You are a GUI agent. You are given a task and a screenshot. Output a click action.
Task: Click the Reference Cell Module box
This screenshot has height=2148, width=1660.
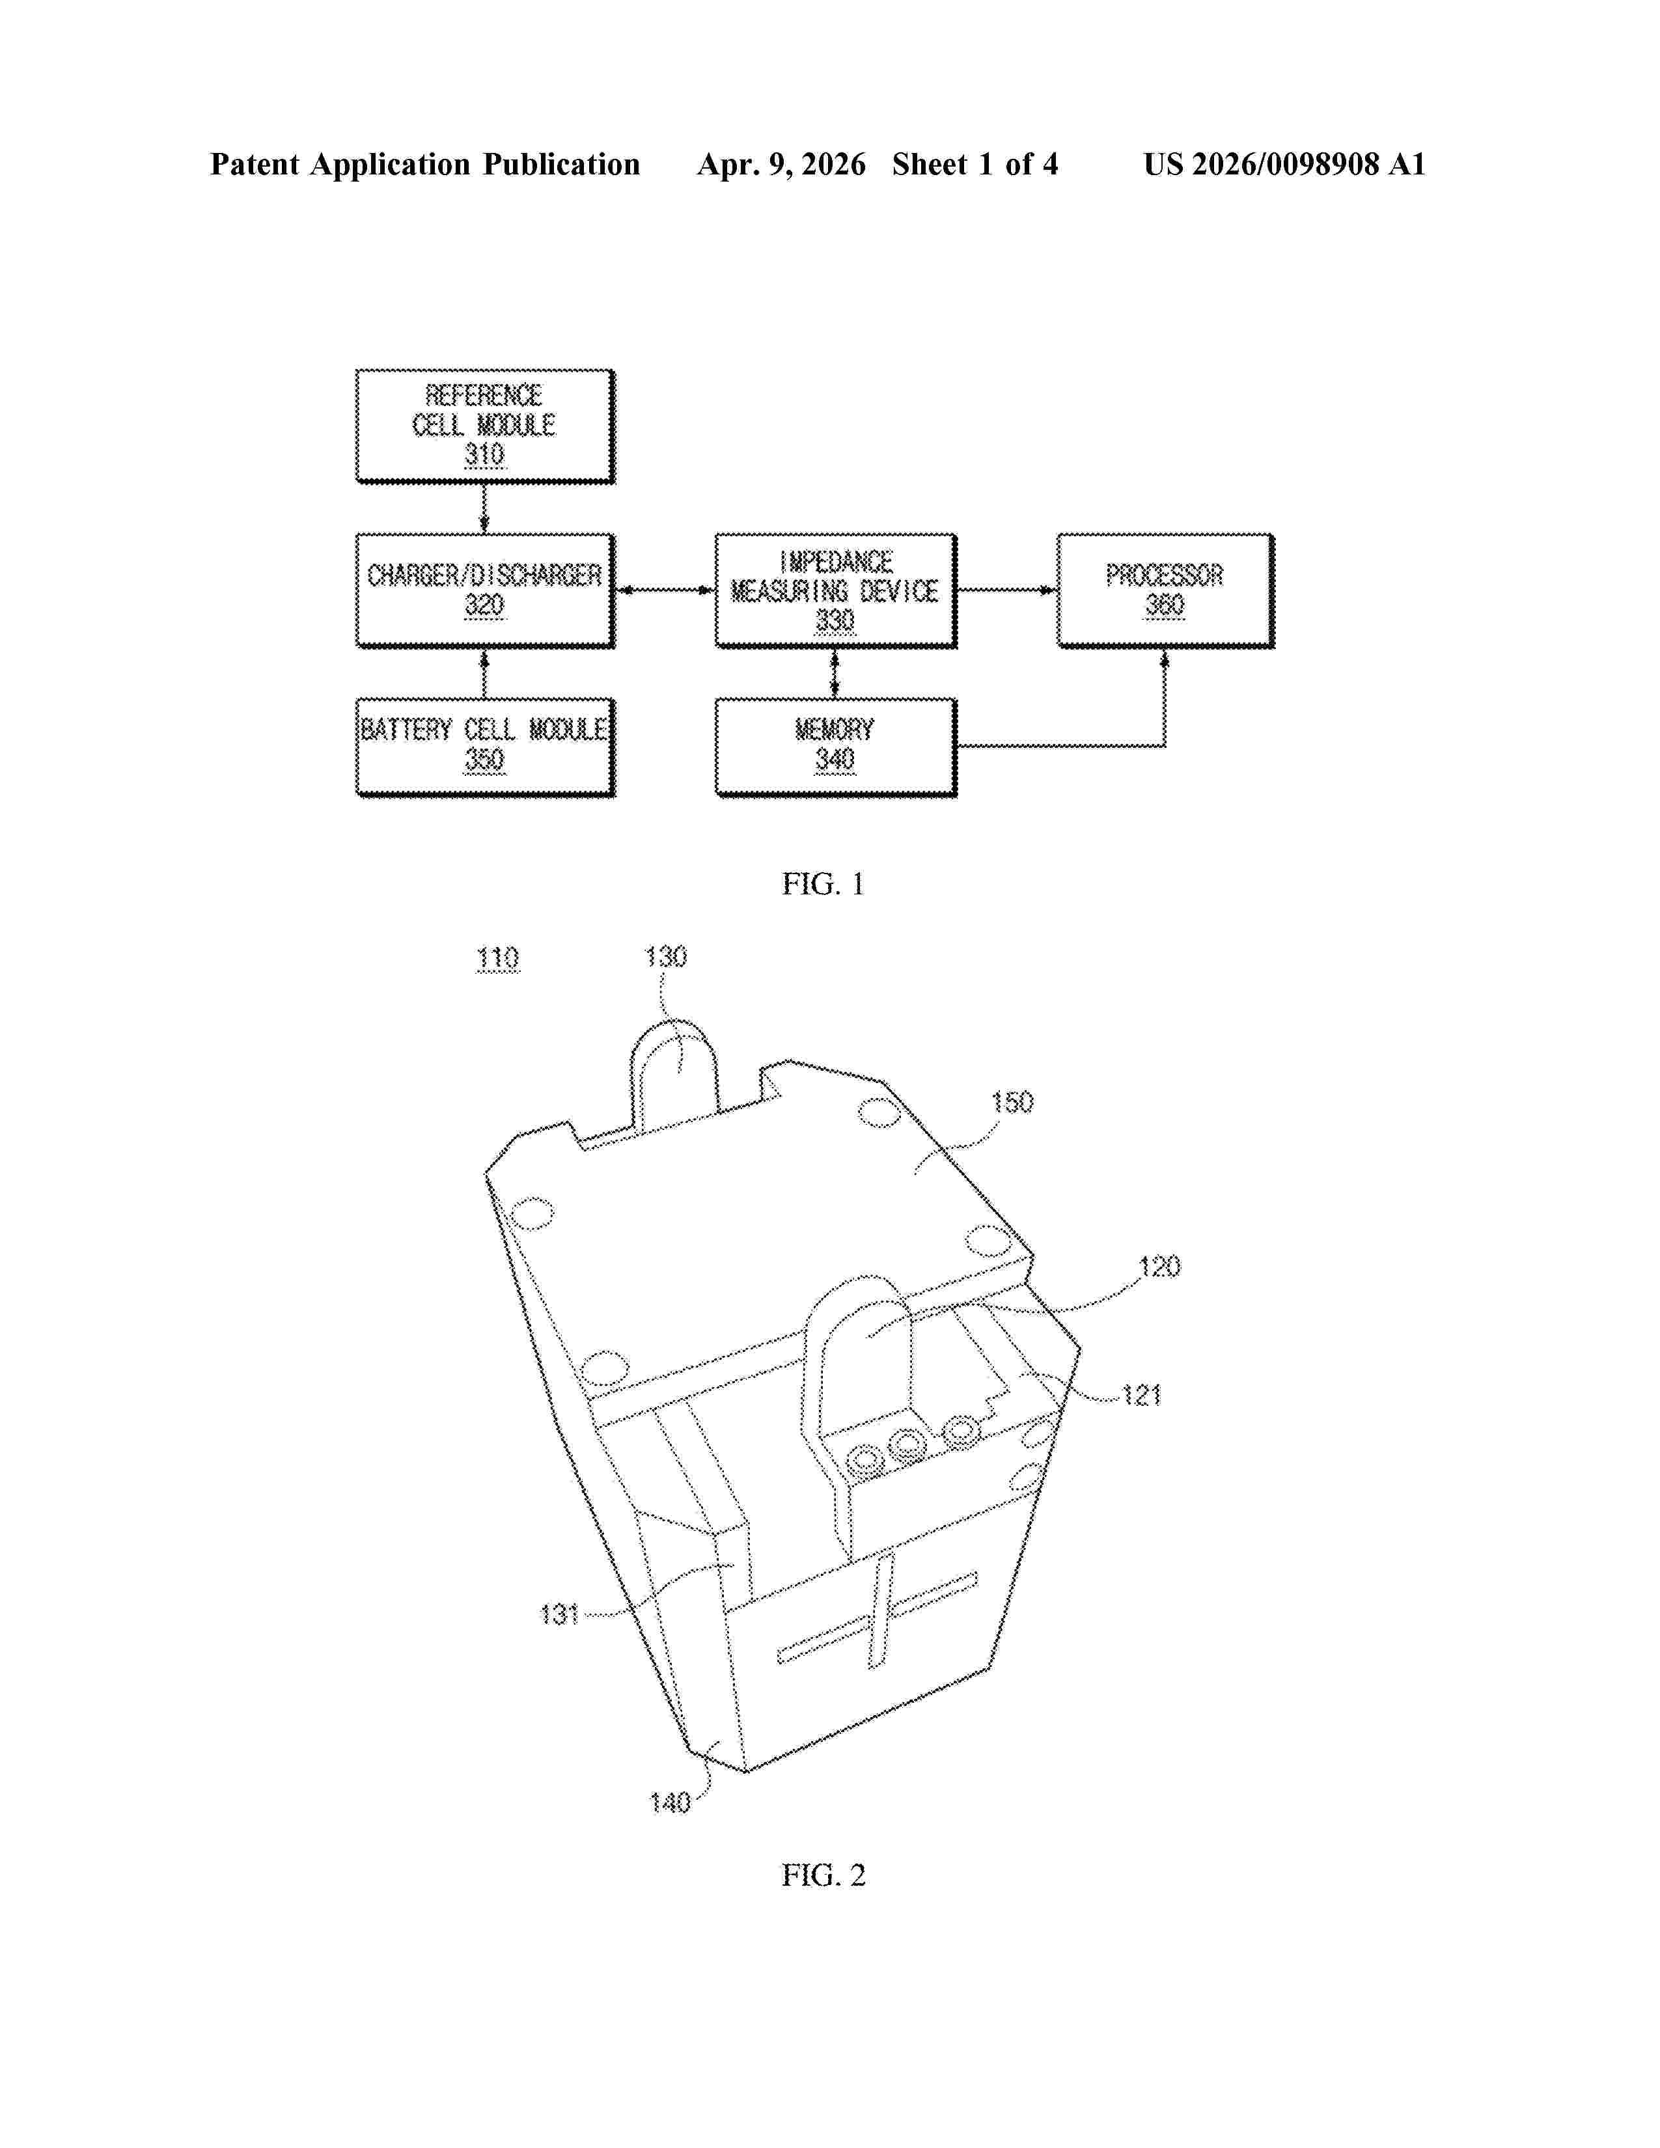coord(485,426)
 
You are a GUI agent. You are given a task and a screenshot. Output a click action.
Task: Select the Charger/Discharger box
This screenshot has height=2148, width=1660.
coord(485,590)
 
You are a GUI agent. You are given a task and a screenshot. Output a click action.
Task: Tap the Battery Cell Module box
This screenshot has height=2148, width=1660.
coord(485,747)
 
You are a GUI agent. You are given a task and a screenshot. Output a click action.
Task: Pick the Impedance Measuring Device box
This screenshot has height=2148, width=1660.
coord(836,590)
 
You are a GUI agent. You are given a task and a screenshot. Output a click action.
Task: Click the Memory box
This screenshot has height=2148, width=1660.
coord(836,747)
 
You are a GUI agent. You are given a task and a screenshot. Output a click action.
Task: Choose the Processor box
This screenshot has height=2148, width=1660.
coord(1165,590)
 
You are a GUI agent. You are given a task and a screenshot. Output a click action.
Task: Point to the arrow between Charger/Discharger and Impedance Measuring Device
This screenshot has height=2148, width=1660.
coord(665,590)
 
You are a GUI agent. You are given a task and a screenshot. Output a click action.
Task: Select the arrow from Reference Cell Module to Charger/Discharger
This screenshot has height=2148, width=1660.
coord(484,508)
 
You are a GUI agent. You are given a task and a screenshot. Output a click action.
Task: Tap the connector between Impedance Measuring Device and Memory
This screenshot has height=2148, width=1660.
coord(835,673)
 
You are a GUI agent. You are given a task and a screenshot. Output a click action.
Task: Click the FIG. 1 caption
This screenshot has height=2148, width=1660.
coord(823,884)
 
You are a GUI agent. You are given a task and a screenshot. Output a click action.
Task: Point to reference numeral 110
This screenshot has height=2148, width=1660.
coord(497,958)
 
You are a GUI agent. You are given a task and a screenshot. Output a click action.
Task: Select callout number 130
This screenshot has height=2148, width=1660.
coord(666,956)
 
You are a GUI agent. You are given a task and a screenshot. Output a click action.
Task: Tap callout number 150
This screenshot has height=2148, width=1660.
coord(1012,1103)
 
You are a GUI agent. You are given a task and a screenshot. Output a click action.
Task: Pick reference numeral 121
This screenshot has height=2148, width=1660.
coord(1142,1395)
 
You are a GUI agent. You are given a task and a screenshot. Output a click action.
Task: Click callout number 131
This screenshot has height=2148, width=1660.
coord(560,1614)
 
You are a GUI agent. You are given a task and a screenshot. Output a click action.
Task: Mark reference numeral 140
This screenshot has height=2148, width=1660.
coord(671,1803)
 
